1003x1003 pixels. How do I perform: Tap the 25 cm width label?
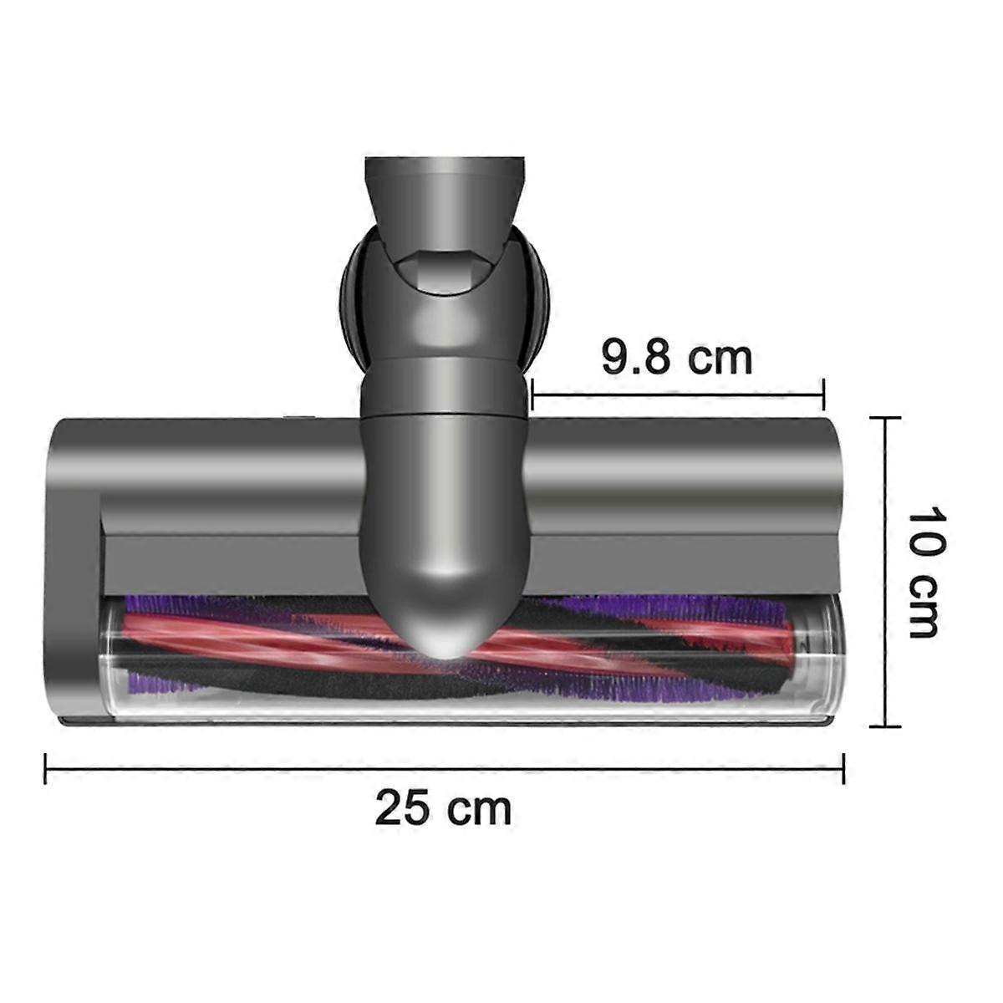tap(442, 808)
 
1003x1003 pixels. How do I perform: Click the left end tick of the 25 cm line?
tap(45, 768)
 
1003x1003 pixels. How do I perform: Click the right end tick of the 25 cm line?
tap(843, 768)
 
